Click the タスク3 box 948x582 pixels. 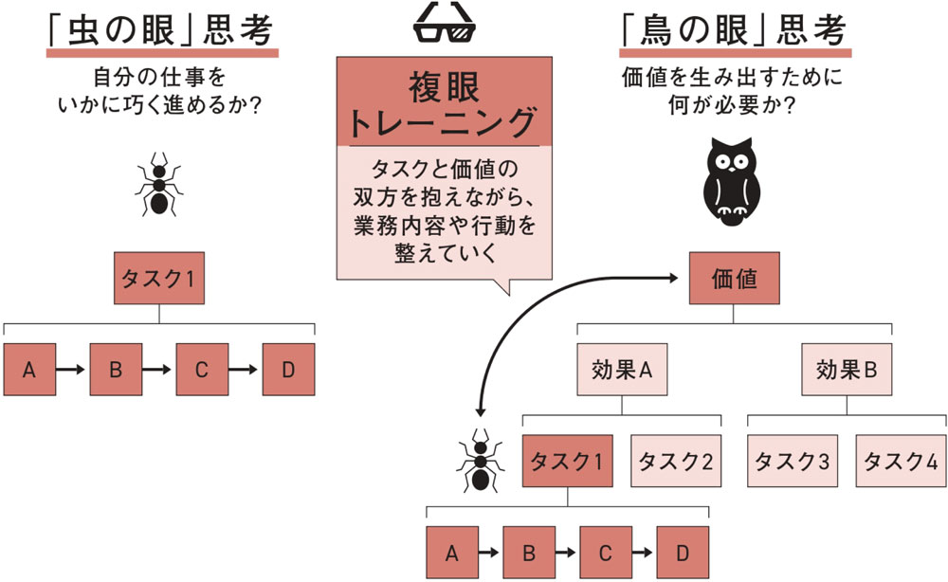(793, 461)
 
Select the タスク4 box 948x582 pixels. (902, 461)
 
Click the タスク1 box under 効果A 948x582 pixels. (567, 461)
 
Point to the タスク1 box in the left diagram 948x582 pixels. (159, 278)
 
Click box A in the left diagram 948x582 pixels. (29, 370)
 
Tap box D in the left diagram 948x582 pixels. (288, 370)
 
